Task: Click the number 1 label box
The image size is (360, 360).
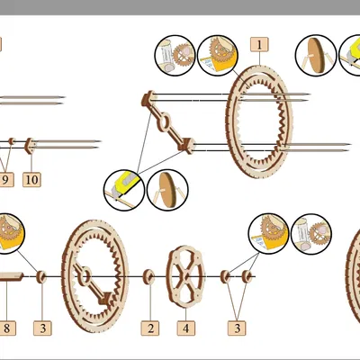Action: pos(259,45)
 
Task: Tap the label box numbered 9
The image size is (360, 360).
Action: pos(6,180)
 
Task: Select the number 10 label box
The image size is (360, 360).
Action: pos(31,180)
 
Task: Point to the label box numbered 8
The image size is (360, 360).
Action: pos(7,328)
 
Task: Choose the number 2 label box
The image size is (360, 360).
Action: pos(150,328)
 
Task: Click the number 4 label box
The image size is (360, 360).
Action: pos(186,328)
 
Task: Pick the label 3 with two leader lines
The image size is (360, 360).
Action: pos(237,328)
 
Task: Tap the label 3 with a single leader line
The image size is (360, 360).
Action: pos(42,328)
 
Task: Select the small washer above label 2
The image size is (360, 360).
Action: pos(148,277)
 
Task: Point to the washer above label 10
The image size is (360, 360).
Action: pos(30,146)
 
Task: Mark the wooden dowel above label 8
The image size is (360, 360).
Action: pos(12,276)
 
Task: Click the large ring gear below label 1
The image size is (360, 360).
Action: pos(259,121)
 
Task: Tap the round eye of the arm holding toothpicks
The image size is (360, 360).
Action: pos(164,121)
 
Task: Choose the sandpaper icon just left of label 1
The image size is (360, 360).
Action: pos(218,56)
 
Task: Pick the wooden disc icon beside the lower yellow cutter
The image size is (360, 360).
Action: pos(167,190)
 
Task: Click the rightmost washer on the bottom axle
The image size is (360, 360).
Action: pos(247,276)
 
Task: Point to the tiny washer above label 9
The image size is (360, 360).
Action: pos(12,141)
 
